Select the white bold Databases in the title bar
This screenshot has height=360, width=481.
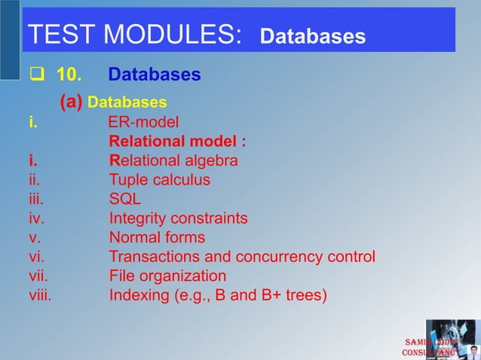312,37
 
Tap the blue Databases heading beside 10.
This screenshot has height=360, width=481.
154,75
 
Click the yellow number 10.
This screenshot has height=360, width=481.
70,75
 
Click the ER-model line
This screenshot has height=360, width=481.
143,121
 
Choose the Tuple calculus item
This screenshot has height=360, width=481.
159,180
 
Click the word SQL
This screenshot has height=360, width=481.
124,200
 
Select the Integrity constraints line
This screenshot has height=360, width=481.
178,218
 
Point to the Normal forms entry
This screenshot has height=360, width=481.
157,238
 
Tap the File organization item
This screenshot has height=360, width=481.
167,276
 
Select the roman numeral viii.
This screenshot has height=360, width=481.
40,295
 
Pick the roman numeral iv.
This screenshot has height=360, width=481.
36,218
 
